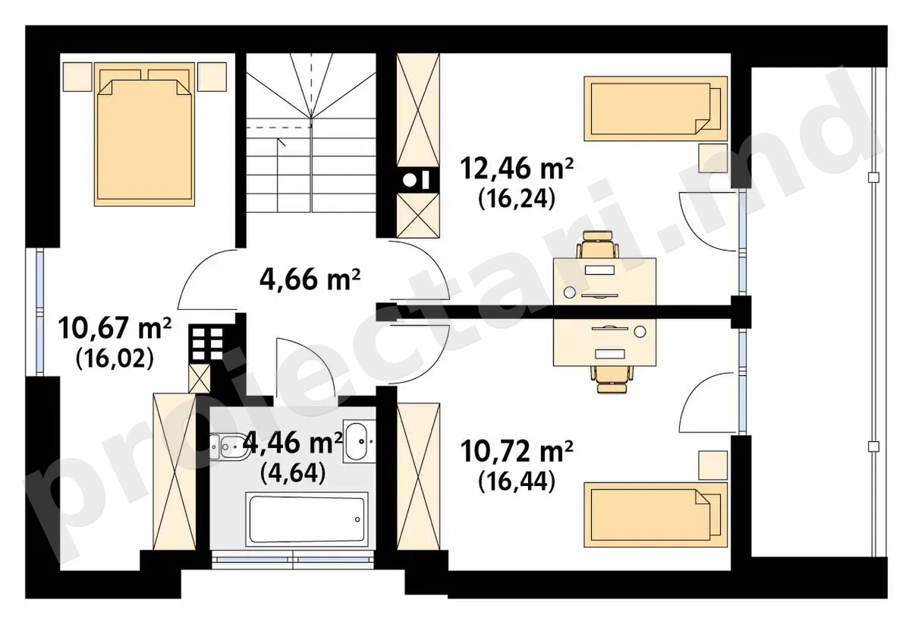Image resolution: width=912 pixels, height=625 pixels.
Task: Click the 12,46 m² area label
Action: [x=517, y=169]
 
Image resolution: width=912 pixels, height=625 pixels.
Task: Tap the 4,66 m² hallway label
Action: [x=310, y=280]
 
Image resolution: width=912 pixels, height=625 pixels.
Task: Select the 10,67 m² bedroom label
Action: [x=115, y=328]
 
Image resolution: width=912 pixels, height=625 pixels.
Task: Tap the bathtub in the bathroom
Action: [x=307, y=519]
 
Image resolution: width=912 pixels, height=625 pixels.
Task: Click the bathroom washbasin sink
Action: [x=358, y=442]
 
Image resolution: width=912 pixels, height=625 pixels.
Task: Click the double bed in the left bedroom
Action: [x=144, y=134]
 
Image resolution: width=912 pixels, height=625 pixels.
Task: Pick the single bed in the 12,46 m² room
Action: [x=656, y=109]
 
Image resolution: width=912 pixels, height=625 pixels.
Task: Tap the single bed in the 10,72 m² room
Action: [x=656, y=515]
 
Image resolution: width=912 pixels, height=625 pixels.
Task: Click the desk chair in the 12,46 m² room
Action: [x=598, y=244]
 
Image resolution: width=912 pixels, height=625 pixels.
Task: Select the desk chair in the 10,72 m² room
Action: [x=612, y=379]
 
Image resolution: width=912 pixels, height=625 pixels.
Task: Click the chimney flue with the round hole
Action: [x=418, y=179]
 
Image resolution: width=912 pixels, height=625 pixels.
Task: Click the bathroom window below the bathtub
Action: [x=293, y=559]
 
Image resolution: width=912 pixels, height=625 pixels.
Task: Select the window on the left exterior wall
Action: [x=39, y=311]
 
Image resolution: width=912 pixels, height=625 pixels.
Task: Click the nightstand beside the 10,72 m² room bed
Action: [x=713, y=465]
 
